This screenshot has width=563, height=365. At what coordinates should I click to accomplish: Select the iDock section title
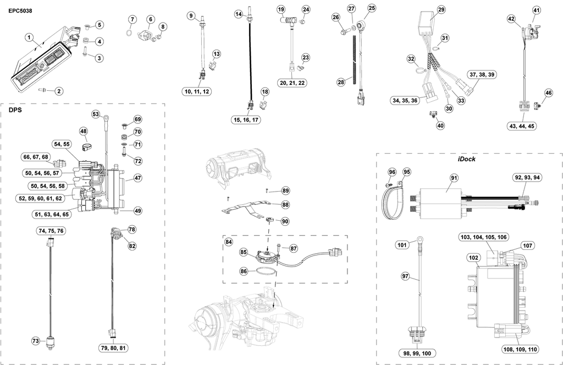pyautogui.click(x=466, y=159)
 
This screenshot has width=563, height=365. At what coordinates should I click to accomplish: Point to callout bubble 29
pyautogui.click(x=441, y=10)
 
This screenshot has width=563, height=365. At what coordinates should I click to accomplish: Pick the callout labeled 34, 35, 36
pyautogui.click(x=406, y=100)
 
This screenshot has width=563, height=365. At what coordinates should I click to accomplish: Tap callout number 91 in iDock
pyautogui.click(x=454, y=178)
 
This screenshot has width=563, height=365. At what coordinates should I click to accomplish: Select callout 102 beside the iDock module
pyautogui.click(x=473, y=257)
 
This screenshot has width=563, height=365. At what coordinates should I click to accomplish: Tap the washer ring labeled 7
pyautogui.click(x=128, y=34)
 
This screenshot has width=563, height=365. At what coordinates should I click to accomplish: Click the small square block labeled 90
pyautogui.click(x=270, y=219)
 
